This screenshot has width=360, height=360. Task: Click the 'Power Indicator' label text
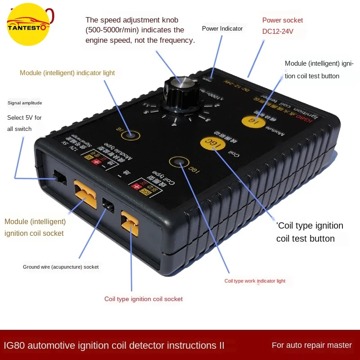click(x=222, y=29)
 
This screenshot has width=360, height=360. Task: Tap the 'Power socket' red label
click(x=283, y=20)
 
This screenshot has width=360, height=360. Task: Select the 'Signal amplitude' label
click(x=25, y=103)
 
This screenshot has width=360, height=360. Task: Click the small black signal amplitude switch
click(x=60, y=178)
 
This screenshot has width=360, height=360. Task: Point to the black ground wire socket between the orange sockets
click(x=108, y=205)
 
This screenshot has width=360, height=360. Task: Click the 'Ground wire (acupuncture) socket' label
click(x=61, y=267)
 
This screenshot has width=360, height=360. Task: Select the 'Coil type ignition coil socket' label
click(x=144, y=299)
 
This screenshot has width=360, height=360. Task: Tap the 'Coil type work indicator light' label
click(x=255, y=281)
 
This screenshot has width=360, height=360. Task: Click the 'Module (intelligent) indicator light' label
click(x=67, y=73)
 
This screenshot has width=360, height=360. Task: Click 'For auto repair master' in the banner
click(x=311, y=345)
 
